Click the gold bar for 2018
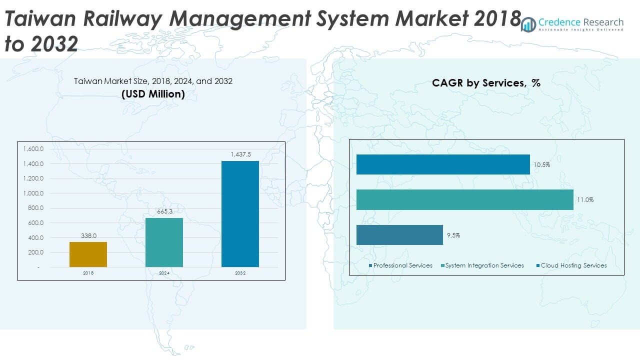click(x=88, y=254)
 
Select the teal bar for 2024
click(x=164, y=242)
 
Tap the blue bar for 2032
click(x=240, y=214)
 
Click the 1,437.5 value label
click(x=240, y=154)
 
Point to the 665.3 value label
click(x=164, y=212)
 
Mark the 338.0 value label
click(x=88, y=235)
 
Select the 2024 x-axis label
click(x=164, y=273)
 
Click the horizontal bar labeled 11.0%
click(x=464, y=199)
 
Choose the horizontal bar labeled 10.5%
click(x=443, y=164)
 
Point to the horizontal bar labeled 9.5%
click(x=399, y=235)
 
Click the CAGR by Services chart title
click(x=486, y=83)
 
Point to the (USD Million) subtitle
click(x=153, y=94)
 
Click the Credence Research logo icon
click(x=528, y=24)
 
